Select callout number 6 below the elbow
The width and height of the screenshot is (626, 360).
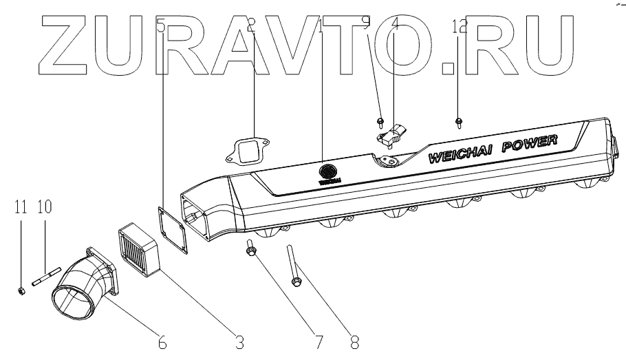[162, 340]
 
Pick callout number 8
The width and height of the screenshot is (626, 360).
[355, 340]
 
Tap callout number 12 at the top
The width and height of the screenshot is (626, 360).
[460, 27]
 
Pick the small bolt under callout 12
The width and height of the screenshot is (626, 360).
[457, 123]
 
